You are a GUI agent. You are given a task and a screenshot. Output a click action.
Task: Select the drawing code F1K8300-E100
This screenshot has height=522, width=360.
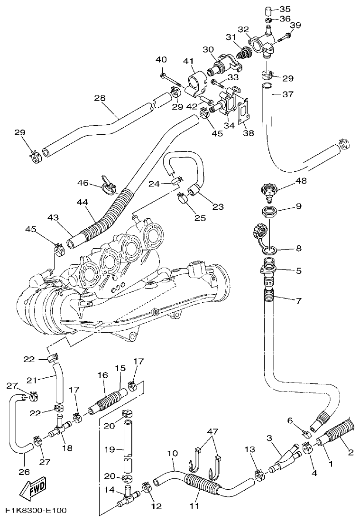click(x=36, y=511)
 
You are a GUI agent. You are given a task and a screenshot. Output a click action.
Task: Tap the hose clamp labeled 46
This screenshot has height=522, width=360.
click(x=110, y=186)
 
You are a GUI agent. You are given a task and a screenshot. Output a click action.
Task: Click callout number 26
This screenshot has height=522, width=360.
click(x=24, y=472)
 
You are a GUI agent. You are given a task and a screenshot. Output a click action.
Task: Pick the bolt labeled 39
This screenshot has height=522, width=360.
click(x=286, y=35)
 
